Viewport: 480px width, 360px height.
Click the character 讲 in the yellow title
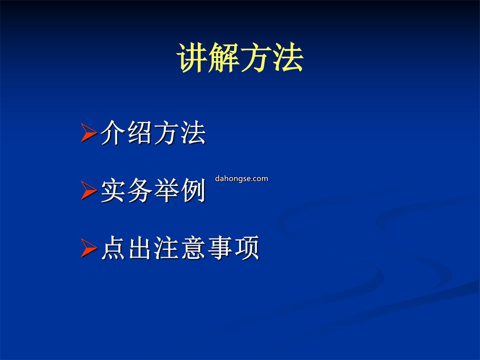(x=192, y=57)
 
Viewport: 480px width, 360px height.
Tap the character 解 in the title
(x=224, y=57)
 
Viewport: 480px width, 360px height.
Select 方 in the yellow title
(x=256, y=57)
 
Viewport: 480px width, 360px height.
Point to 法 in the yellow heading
(x=288, y=57)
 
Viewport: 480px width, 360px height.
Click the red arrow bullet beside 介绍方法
(x=89, y=132)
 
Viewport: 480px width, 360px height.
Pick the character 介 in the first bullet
(x=113, y=132)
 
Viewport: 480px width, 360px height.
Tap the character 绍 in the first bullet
(x=140, y=132)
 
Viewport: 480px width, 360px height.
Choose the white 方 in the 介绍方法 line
(x=167, y=132)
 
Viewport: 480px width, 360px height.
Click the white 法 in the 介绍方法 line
(x=193, y=132)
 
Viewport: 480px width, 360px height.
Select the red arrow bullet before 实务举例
(x=89, y=190)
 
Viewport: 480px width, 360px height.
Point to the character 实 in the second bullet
(x=113, y=190)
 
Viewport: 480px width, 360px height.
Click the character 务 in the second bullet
(x=140, y=190)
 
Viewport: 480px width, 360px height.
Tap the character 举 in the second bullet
(x=167, y=190)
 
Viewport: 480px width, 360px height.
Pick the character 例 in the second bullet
(x=193, y=190)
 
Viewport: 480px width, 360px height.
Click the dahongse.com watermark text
(x=241, y=179)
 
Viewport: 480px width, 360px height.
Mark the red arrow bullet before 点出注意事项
(x=89, y=248)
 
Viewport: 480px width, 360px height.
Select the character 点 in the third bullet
(x=113, y=248)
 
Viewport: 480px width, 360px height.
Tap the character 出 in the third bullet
(x=140, y=248)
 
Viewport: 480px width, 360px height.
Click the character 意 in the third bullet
(x=193, y=248)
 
